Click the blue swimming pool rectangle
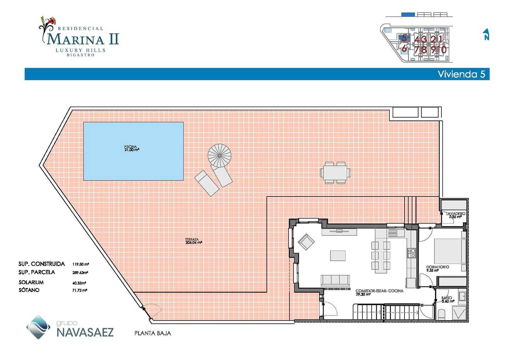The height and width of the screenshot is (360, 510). click(133, 151)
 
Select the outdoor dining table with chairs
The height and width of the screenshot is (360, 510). click(335, 173)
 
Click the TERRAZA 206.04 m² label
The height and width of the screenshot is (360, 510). click(193, 241)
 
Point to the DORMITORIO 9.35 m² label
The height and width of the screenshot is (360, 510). click(437, 269)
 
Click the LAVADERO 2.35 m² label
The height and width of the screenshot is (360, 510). click(455, 215)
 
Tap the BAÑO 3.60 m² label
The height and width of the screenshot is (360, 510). click(448, 299)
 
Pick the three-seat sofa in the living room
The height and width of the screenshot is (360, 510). click(335, 280)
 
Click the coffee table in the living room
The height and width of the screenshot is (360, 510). click(338, 256)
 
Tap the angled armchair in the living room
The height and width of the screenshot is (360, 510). click(306, 242)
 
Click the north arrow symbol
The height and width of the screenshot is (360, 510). click(486, 34)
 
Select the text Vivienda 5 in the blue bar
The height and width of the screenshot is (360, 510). click(461, 74)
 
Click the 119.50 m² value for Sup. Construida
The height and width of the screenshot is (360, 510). click(80, 264)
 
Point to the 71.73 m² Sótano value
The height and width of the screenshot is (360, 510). click(80, 290)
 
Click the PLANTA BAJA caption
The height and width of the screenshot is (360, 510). click(153, 333)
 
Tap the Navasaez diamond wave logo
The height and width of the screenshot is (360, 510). click(38, 327)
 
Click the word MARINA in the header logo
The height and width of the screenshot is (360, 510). click(75, 40)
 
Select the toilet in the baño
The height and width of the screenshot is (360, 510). click(441, 314)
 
